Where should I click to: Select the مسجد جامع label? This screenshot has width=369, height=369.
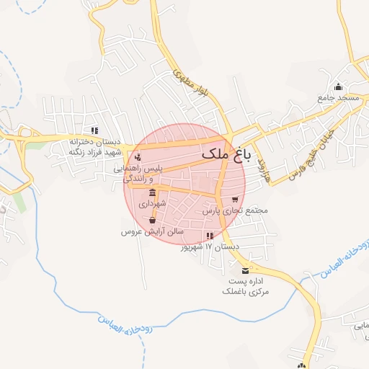coord(335,98)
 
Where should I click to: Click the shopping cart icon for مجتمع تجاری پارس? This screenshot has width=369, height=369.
coord(234,200)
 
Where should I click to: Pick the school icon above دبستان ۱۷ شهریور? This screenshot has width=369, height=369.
coord(209,236)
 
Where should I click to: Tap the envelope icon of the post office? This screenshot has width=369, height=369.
coord(246,270)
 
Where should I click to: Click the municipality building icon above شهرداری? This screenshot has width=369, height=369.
coord(152,193)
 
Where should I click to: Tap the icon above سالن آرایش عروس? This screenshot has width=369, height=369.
coord(152,221)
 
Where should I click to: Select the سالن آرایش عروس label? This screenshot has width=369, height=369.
coord(152,232)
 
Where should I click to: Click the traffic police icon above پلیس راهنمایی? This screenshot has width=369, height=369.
coord(138,158)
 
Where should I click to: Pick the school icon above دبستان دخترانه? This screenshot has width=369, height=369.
coord(94,130)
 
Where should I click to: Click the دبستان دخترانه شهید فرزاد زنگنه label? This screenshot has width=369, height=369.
coord(94,146)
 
